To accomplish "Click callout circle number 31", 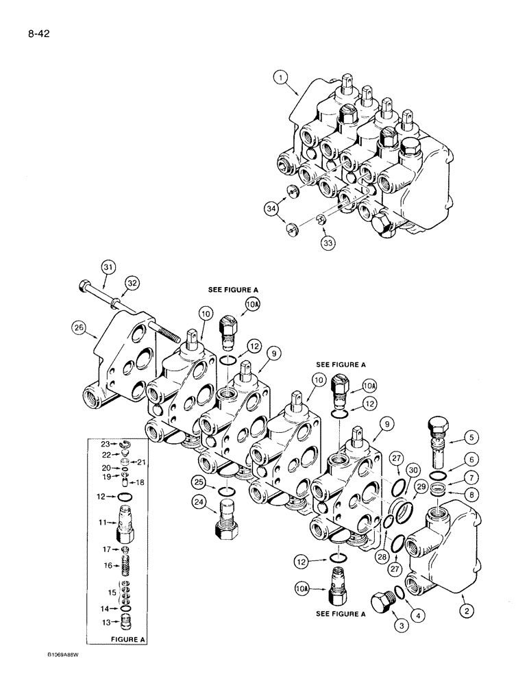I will point(108,266).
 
